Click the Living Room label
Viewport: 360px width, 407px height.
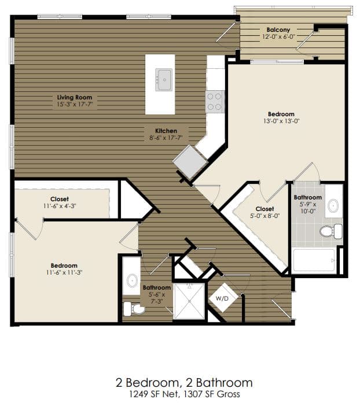coord(74,97)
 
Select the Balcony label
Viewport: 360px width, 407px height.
coord(278,29)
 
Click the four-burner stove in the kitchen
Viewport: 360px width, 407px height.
coord(215,101)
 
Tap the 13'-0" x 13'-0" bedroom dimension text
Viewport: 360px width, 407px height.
coord(281,121)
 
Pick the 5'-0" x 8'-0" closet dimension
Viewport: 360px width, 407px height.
coord(265,217)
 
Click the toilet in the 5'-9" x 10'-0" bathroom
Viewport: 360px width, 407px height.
coord(329,231)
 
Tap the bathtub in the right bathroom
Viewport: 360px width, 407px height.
coord(314,260)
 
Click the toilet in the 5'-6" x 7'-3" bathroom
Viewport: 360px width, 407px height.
coord(135,309)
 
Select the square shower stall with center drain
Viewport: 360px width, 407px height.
coord(189,301)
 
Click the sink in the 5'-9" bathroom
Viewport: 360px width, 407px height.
coord(333,205)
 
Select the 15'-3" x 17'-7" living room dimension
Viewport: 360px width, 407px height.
coord(74,105)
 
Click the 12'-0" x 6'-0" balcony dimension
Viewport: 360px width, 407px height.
coord(278,36)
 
